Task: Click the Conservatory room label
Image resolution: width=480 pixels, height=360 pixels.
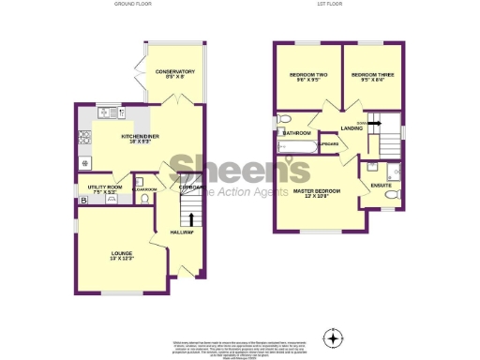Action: pyautogui.click(x=175, y=71)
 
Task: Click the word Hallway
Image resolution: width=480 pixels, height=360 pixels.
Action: pyautogui.click(x=181, y=232)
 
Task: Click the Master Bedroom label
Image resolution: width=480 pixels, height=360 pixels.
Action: pyautogui.click(x=316, y=191)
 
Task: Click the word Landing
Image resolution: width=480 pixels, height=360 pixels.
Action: pyautogui.click(x=352, y=128)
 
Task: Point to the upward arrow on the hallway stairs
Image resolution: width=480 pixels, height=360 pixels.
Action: pyautogui.click(x=193, y=218)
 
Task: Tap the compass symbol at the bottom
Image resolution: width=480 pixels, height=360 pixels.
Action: pyautogui.click(x=332, y=337)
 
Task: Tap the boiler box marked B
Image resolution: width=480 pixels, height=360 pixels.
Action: pyautogui.click(x=83, y=200)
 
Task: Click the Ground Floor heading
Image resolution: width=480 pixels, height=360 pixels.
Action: pyautogui.click(x=133, y=5)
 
